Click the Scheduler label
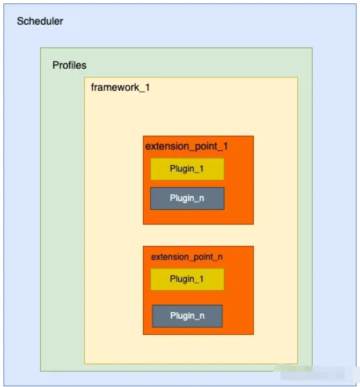point(39,21)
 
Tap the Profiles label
point(69,66)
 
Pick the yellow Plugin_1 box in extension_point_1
point(187,169)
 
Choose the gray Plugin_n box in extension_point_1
point(187,199)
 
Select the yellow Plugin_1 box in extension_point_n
point(187,279)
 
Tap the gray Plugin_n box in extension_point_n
point(187,315)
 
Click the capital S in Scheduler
point(20,21)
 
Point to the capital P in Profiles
point(55,66)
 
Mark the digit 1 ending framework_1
point(147,87)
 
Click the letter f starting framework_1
point(92,87)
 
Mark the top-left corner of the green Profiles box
point(40,47)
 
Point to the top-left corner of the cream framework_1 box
point(84,77)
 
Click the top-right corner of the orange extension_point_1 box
point(253,136)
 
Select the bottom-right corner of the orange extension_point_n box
point(253,334)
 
